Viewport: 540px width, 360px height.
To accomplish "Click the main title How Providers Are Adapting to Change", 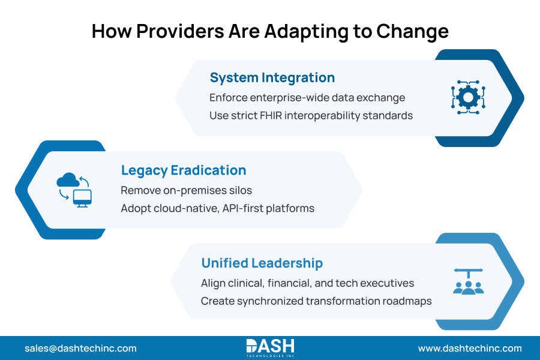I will tap(270, 31).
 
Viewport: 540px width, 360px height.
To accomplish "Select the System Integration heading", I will tap(272, 78).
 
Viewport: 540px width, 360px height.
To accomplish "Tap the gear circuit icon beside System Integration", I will tap(467, 96).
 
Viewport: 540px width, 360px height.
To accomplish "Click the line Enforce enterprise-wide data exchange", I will tap(307, 97).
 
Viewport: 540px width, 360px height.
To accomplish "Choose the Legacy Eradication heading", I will tap(184, 170).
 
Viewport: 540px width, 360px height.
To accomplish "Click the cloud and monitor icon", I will tap(74, 190).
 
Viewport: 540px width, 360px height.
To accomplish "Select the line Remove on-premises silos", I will tap(186, 190).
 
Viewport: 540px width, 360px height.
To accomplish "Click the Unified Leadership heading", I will tap(262, 263).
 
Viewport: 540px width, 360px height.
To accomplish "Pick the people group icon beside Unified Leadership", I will tap(468, 281).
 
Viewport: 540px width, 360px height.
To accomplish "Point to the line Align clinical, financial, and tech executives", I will tap(307, 283).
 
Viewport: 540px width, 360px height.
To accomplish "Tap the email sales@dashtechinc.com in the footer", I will tap(80, 348).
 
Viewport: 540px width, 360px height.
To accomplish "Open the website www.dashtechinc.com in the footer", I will tap(470, 348).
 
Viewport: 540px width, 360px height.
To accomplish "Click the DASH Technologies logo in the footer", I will tap(270, 347).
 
